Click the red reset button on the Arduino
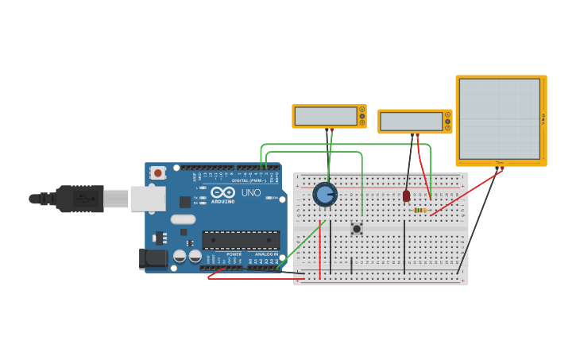pos(158,172)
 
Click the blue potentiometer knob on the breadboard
pos(325,194)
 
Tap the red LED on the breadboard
pos(406,195)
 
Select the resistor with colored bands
pos(420,210)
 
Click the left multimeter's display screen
pos(325,116)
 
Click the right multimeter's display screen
pos(411,122)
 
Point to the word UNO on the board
pos(251,192)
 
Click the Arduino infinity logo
pos(222,192)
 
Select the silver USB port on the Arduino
pos(148,199)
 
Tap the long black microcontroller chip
pos(241,240)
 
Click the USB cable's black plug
pos(79,199)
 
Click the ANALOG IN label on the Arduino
pos(266,254)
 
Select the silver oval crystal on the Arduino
pos(183,219)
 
